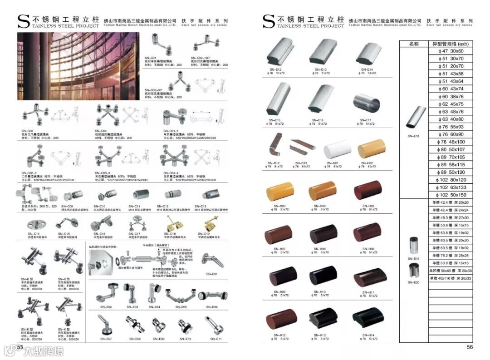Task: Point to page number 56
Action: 470,347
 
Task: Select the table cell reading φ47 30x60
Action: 450,51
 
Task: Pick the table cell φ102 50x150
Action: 450,195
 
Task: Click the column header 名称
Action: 414,44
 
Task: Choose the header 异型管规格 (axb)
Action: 450,44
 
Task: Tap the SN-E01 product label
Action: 212,274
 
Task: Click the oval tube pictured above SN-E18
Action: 416,118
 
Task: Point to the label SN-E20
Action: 413,282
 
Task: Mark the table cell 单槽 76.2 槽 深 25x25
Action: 450,256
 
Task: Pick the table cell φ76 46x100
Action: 450,142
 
